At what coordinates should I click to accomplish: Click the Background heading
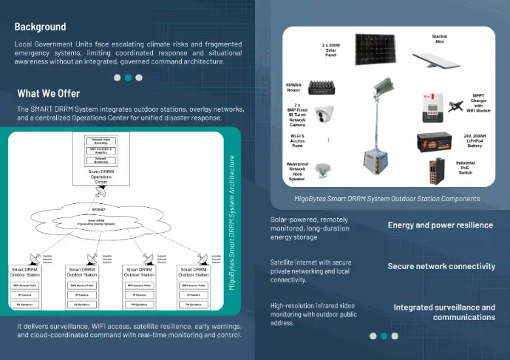40,27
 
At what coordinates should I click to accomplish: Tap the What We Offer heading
48,94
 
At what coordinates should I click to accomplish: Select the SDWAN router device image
324,88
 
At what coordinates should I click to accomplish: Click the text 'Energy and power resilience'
440,225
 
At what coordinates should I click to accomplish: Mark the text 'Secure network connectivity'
441,266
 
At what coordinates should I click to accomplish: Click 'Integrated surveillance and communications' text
443,312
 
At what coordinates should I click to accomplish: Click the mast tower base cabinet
375,160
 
